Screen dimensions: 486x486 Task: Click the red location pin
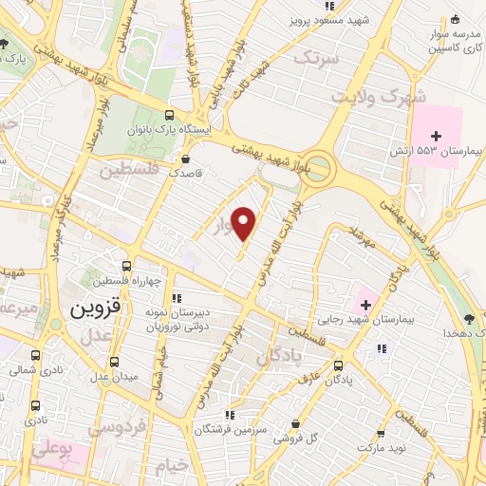[245, 223]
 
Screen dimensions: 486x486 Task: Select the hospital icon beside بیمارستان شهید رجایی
[364, 304]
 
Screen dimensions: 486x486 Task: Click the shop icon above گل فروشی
[297, 423]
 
